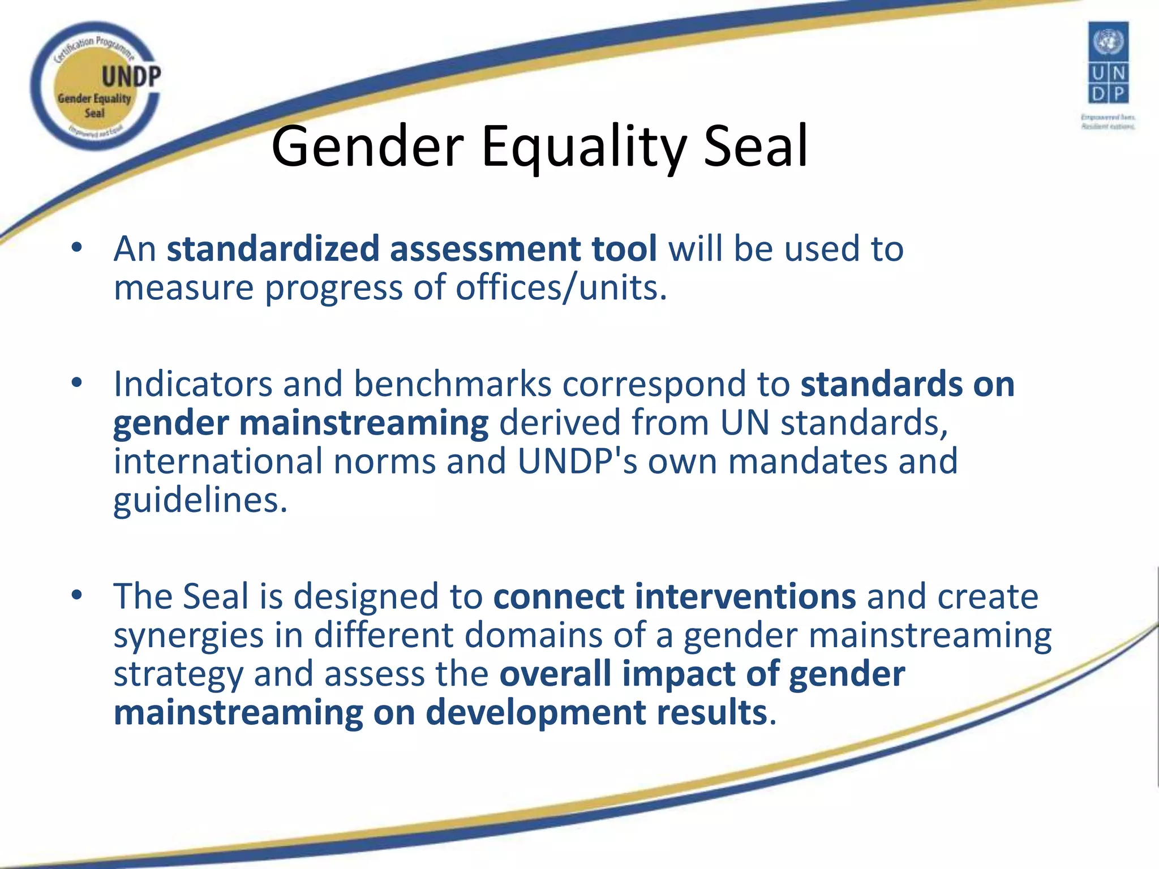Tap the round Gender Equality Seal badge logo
[x=95, y=86]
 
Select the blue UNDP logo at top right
[x=1108, y=63]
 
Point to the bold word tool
[x=624, y=249]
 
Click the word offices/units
[x=561, y=287]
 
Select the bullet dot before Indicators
[x=77, y=383]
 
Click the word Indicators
[x=193, y=384]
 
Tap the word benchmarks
[x=452, y=384]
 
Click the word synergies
[x=188, y=635]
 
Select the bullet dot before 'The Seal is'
[x=77, y=595]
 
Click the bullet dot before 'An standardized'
[x=77, y=248]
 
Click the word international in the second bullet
[x=218, y=461]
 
